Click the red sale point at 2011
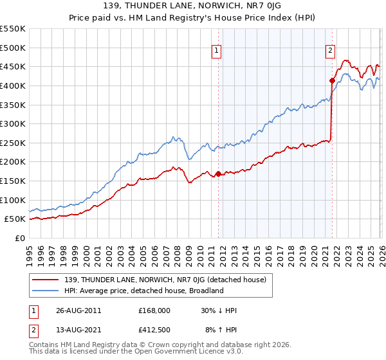pos(218,174)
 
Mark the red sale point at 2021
pos(332,80)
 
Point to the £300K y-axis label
pos(12,123)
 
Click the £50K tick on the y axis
pos(15,219)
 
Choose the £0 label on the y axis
pos(20,238)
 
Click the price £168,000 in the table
pos(154,310)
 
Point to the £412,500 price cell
pos(154,331)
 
